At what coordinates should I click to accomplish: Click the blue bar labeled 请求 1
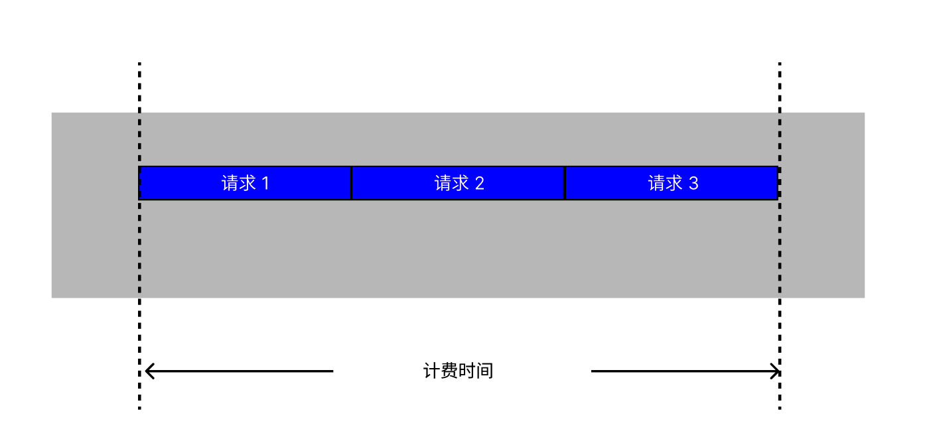(245, 183)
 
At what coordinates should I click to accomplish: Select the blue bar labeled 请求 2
(459, 183)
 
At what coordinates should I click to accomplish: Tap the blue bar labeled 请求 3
(672, 183)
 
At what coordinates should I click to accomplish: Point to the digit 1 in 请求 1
(266, 183)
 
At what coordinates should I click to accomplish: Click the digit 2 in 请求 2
(479, 183)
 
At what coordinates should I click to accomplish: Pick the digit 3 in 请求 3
(693, 183)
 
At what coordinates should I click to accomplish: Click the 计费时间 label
(459, 371)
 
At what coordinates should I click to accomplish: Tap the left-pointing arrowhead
(150, 371)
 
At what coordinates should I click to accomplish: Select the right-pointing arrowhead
(775, 371)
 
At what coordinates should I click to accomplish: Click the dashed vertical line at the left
(139, 236)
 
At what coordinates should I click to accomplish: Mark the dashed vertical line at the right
(780, 236)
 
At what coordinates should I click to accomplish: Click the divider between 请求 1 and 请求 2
(352, 183)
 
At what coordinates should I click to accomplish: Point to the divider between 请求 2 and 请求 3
(565, 183)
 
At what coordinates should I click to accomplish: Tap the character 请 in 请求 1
(230, 183)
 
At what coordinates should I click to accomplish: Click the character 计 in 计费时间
(432, 371)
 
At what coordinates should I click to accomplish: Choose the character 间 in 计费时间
(485, 371)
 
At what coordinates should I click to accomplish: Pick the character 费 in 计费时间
(449, 371)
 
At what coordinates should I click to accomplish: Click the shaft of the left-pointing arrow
(240, 371)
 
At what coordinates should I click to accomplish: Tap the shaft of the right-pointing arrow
(685, 371)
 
